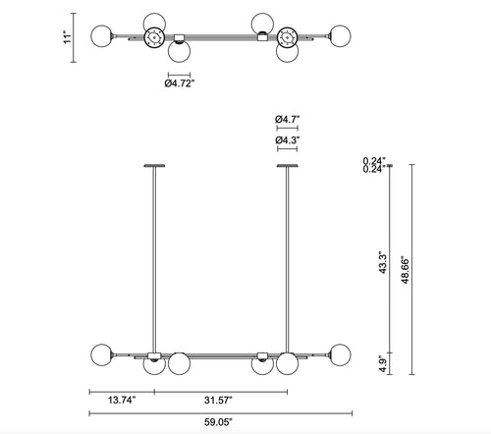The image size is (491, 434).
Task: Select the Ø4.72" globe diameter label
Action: (x=179, y=83)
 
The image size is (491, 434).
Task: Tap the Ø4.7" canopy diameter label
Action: (x=287, y=118)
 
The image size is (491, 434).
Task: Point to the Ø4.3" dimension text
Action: (x=287, y=140)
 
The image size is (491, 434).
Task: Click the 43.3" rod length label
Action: (x=385, y=262)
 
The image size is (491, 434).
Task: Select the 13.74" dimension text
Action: (x=121, y=400)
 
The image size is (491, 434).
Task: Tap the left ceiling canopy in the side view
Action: (x=153, y=165)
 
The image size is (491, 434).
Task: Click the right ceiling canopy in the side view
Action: (x=287, y=165)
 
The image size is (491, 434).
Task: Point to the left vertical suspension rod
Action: (x=153, y=255)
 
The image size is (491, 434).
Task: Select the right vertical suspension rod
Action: (x=287, y=255)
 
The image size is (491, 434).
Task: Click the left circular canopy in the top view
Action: (x=153, y=38)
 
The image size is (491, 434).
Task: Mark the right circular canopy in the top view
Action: (x=287, y=38)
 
